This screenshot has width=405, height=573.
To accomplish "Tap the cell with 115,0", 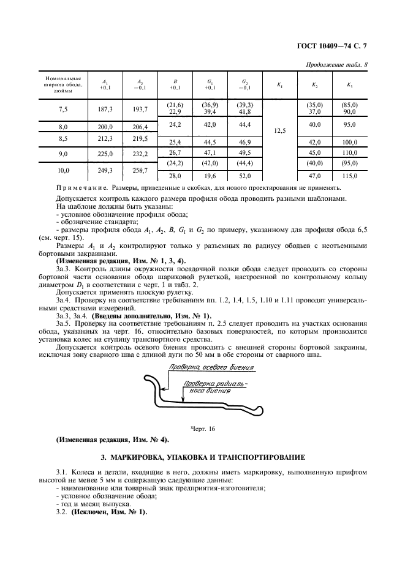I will click(349, 175).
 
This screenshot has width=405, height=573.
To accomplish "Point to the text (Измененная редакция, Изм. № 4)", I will click(112, 440).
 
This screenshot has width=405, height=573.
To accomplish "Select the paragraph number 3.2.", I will click(62, 512).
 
